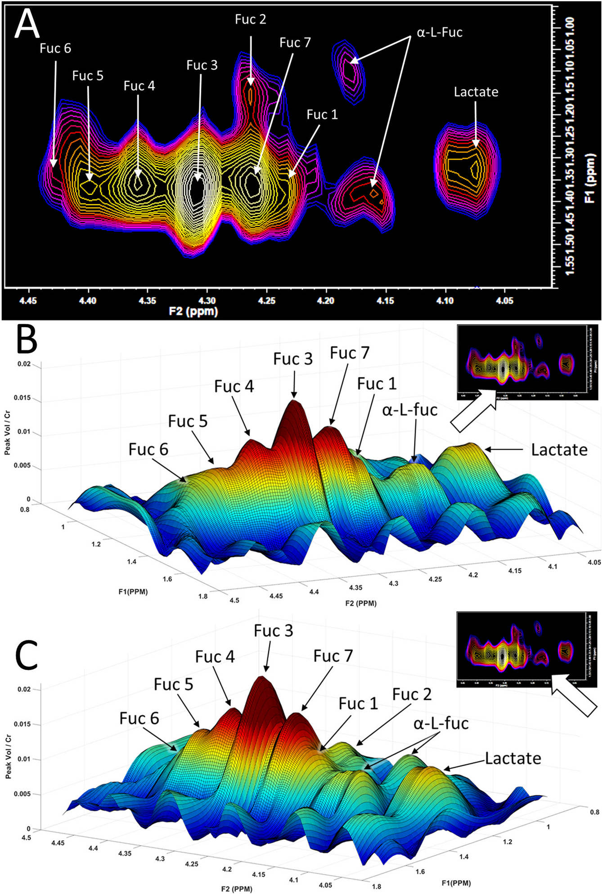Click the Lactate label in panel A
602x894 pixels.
point(476,92)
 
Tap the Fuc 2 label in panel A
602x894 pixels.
point(251,19)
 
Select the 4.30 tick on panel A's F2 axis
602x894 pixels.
point(207,300)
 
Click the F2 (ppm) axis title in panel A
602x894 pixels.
point(193,311)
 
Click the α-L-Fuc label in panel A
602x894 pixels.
point(440,32)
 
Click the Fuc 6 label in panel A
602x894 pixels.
point(55,48)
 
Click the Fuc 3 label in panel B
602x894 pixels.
point(293,359)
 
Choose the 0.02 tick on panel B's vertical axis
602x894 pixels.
point(24,364)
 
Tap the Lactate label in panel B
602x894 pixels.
point(559,450)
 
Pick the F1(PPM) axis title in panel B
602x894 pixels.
point(133,592)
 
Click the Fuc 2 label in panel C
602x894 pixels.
point(412,694)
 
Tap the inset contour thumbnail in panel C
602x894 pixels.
point(526,649)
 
